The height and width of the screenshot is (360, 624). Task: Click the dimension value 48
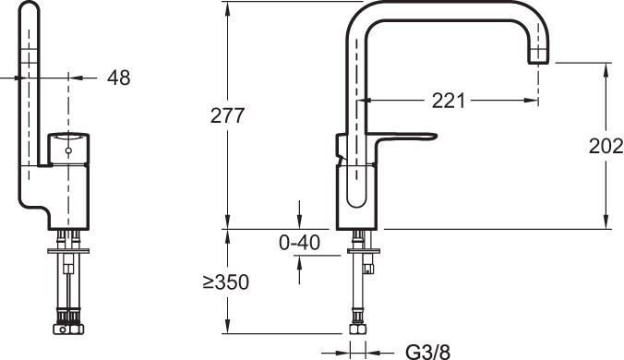[118, 78]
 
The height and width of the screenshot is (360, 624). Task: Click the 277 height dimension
[227, 115]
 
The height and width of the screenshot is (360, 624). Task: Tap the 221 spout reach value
[448, 101]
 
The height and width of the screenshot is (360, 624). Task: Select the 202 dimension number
[606, 146]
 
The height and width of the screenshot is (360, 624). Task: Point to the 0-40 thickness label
[299, 242]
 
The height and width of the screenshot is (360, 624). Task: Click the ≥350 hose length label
[226, 282]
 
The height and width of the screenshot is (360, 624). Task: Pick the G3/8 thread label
[427, 352]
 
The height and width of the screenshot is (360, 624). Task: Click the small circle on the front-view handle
[68, 150]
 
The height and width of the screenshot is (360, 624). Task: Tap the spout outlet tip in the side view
[538, 62]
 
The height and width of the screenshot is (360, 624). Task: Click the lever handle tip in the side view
[435, 136]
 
